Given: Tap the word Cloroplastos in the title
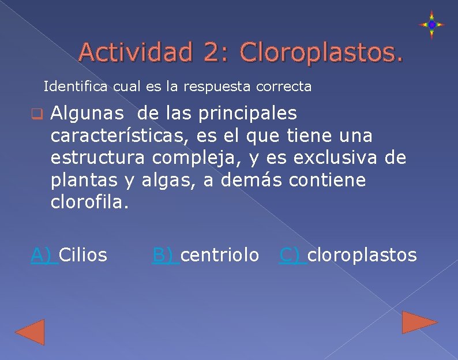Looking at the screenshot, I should click(322, 52).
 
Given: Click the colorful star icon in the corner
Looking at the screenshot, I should click(431, 25).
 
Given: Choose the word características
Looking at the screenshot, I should click(117, 136).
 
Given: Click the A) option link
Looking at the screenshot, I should click(43, 254).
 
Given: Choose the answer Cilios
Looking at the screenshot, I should click(83, 254).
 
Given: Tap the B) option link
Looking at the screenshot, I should click(164, 254).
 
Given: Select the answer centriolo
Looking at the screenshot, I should click(220, 254).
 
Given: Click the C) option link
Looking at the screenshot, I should click(291, 254).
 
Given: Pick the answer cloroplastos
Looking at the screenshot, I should click(362, 254).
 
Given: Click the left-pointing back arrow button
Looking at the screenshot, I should click(30, 332).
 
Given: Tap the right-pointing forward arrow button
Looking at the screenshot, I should click(419, 322).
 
